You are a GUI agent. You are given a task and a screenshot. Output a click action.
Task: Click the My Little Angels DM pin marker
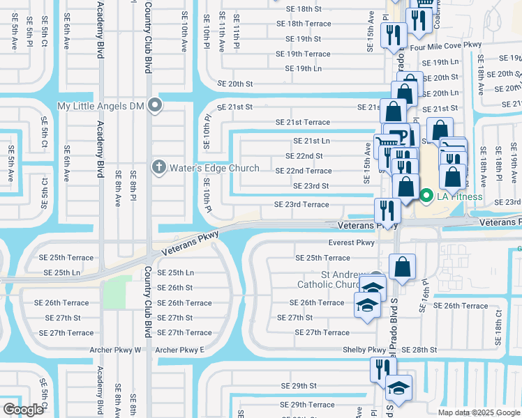(156, 106)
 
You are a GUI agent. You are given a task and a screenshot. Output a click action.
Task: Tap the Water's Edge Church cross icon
(158, 167)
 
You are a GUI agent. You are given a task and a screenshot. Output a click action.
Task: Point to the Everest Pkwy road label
(352, 243)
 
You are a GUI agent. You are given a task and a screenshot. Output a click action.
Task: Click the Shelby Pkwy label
(364, 350)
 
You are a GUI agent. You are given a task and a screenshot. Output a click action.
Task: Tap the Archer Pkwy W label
(115, 350)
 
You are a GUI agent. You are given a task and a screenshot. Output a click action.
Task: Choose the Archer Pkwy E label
(179, 350)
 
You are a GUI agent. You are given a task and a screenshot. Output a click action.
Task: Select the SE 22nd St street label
(304, 156)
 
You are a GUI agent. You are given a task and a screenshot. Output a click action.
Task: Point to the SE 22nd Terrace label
(304, 171)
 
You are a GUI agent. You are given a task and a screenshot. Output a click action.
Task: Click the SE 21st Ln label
(311, 141)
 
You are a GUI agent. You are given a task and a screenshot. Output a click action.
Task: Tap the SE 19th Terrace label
(303, 54)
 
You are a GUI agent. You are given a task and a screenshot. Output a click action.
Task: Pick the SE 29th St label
(299, 385)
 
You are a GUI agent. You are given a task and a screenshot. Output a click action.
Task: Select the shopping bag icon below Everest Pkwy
(403, 266)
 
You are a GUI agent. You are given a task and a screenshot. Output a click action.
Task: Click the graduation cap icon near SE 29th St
(399, 387)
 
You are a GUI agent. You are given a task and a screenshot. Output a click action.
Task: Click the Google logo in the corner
(23, 410)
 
